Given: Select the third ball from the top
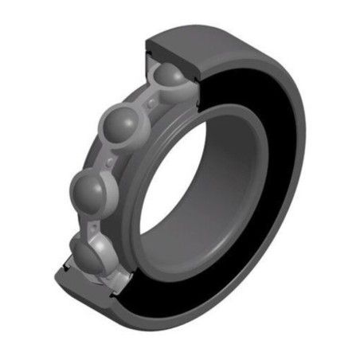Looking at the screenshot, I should tap(89, 191).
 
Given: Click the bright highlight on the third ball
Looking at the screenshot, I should tap(84, 185).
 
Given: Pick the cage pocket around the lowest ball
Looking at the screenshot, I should tap(104, 267).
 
